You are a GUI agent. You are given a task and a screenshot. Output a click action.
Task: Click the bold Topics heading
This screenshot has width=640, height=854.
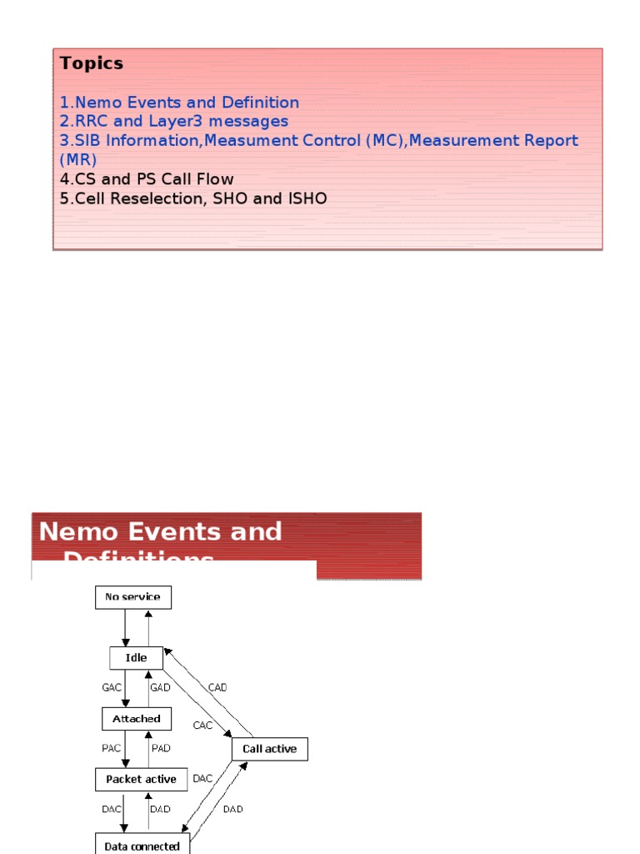coord(92,63)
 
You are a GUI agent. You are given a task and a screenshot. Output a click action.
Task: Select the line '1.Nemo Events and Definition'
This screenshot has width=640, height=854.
coord(179,103)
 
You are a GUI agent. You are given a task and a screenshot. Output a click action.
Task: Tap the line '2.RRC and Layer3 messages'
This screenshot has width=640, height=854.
coord(173,122)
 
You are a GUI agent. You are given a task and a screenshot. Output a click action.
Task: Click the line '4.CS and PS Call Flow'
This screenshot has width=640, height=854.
coord(147,179)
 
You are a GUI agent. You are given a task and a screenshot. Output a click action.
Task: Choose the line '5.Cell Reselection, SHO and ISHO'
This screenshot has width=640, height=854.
coord(193,198)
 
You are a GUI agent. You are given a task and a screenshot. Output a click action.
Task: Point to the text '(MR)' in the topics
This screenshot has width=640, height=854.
coord(78,159)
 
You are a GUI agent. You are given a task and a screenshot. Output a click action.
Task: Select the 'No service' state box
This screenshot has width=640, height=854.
coord(133,597)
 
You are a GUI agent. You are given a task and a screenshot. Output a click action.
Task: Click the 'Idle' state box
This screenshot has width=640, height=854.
coord(136,658)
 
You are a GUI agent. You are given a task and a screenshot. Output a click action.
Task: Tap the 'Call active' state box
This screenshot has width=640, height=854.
coord(269,749)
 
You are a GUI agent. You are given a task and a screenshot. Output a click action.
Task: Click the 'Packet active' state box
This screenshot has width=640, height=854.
coord(141,779)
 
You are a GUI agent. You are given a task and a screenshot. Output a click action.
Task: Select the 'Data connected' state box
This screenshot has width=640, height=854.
coord(142,846)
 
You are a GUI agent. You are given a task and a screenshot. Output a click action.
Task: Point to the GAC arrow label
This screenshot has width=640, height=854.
coord(112,688)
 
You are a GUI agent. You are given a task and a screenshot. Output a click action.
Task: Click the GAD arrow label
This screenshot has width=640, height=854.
coord(160,688)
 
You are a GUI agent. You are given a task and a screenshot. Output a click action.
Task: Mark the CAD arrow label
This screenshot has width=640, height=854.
coord(217,688)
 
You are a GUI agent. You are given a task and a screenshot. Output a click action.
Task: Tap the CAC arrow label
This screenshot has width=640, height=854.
coord(202,725)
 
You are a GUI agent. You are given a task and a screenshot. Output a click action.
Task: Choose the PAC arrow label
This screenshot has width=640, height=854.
coord(112,748)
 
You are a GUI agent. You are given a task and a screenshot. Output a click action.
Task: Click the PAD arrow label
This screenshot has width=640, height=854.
coord(161,748)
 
